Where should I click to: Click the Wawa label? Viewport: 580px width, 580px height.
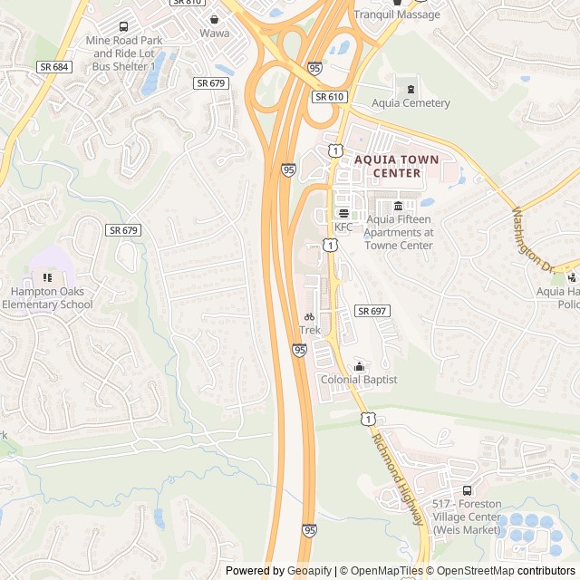pos(214,34)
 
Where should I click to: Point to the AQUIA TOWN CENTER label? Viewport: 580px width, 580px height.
pos(396,166)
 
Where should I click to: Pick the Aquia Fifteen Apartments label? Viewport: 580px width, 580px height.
pos(398,232)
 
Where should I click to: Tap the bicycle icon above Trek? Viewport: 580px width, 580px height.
pos(310,317)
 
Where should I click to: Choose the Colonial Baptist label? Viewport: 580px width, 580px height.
pos(359,380)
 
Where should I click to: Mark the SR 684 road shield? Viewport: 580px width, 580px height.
pos(54,68)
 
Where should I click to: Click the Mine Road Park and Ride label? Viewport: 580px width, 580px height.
pos(124,53)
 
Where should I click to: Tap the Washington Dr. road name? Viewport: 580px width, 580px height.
pos(532,241)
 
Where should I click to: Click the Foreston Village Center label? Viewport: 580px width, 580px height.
pos(467,517)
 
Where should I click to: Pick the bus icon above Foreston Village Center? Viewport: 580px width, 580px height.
pos(467,490)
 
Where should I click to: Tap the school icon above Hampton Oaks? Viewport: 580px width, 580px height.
pos(47,276)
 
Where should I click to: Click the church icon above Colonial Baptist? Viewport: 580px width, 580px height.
pos(359,366)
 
